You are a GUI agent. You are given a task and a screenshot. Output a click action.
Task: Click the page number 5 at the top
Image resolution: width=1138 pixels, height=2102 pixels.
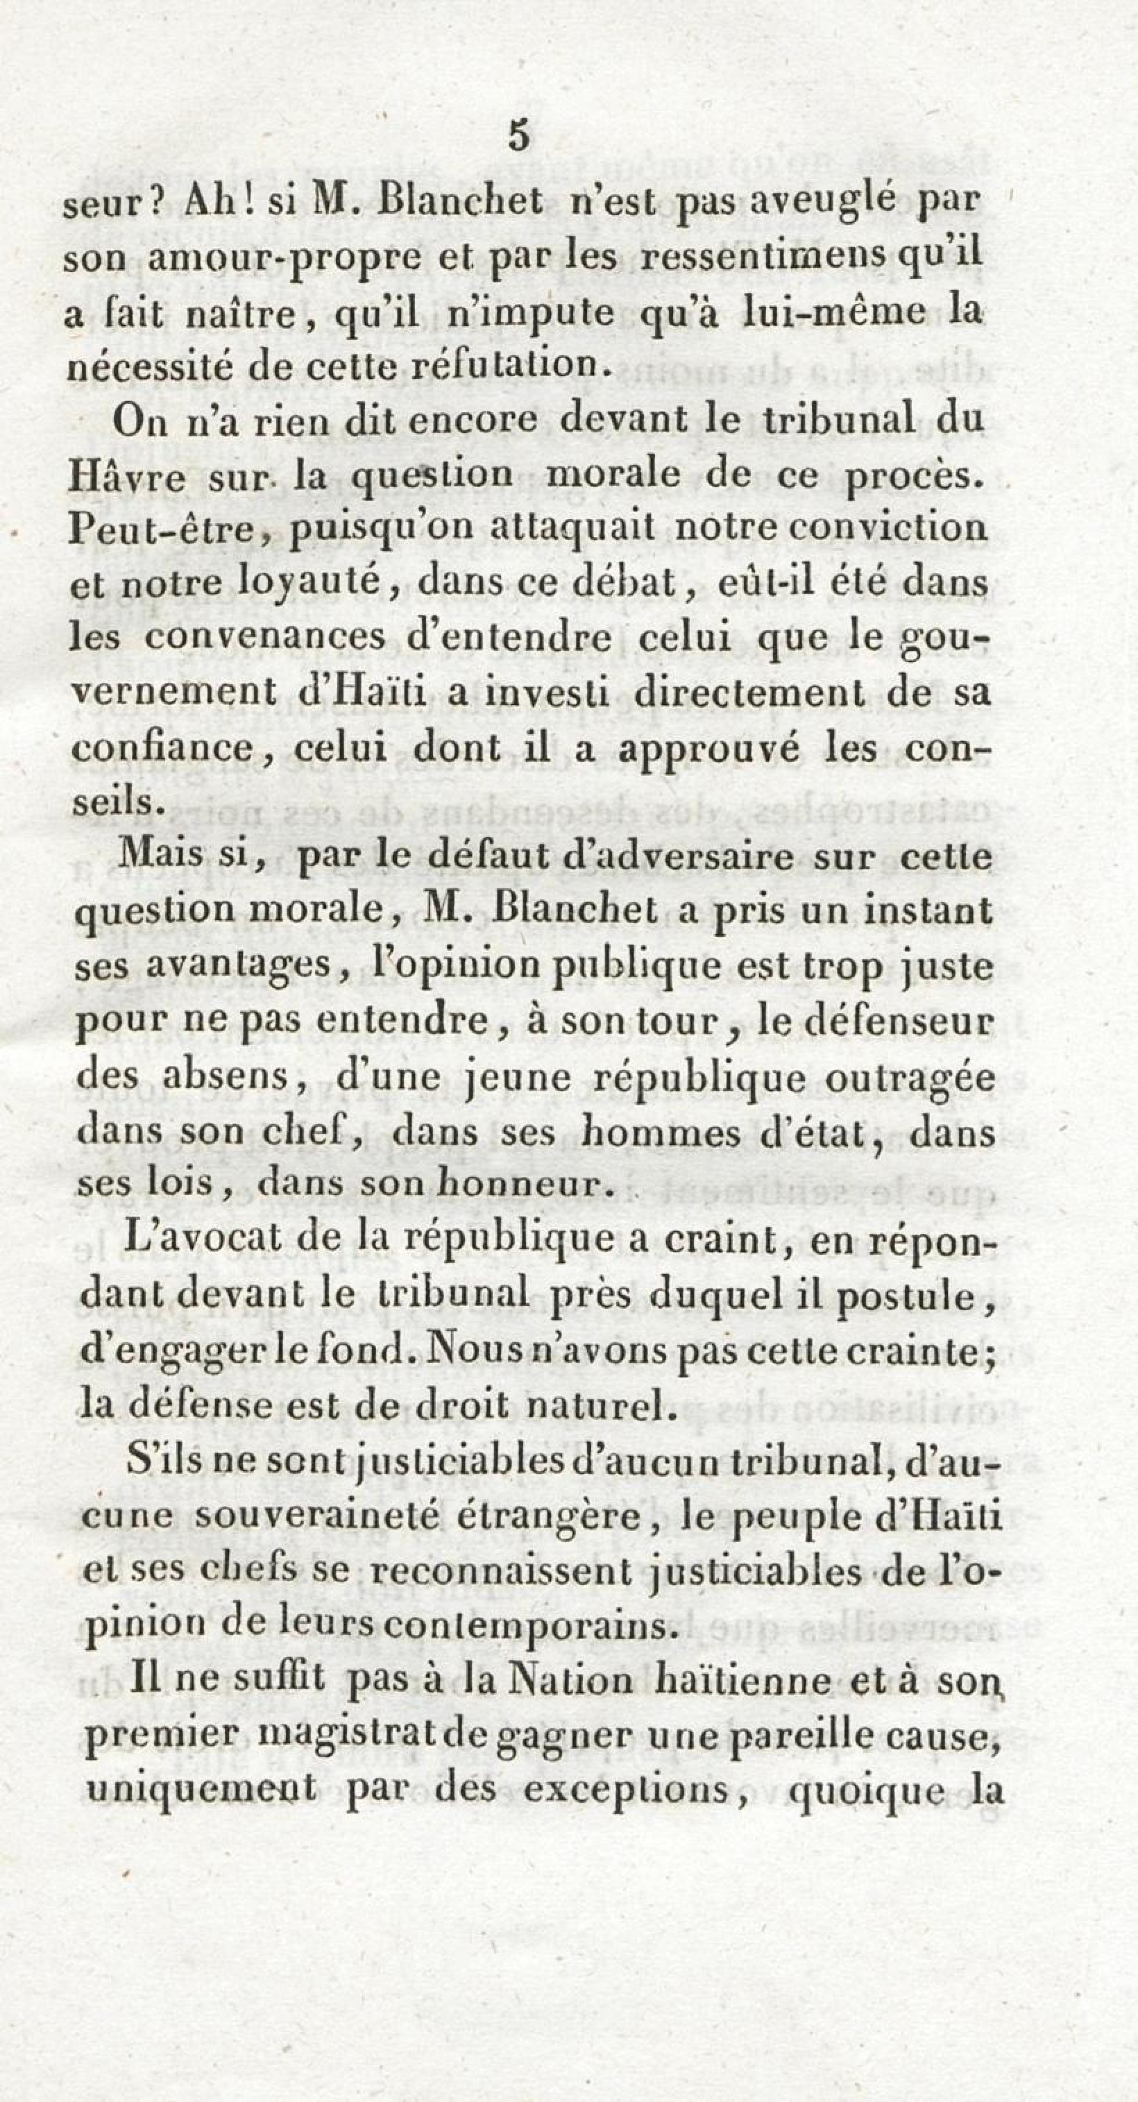pos(519,135)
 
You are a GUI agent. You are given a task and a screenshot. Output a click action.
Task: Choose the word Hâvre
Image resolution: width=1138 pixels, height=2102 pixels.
pos(127,477)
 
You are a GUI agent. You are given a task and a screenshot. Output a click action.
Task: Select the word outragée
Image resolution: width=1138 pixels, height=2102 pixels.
pos(910,1078)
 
